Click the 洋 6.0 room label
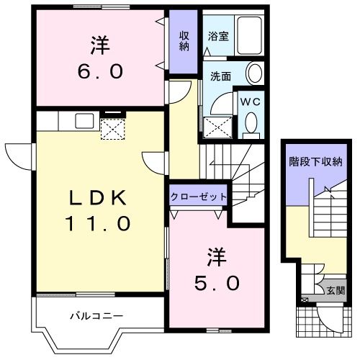click(x=100, y=58)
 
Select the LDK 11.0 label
click(x=99, y=210)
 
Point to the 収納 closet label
click(x=184, y=41)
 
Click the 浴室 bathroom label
click(x=219, y=36)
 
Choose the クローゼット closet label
click(x=199, y=197)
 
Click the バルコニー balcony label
click(x=97, y=315)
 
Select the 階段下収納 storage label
click(x=315, y=161)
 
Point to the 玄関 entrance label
click(x=336, y=291)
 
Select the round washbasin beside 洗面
click(x=255, y=73)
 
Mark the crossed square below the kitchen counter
click(x=112, y=129)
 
